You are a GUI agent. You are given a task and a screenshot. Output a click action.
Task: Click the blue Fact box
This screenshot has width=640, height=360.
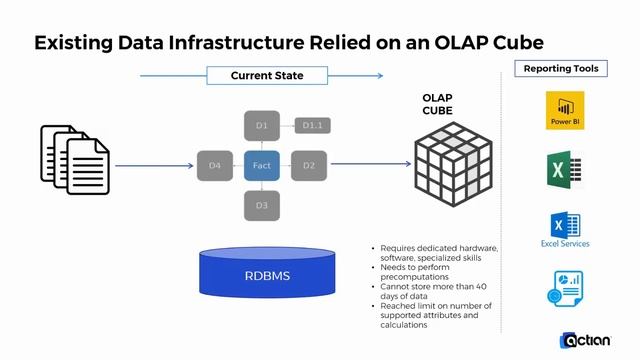click(261, 164)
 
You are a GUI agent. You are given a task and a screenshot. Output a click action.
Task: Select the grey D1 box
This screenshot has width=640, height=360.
click(261, 125)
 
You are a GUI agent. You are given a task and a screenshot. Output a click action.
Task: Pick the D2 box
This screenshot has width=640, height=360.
click(309, 164)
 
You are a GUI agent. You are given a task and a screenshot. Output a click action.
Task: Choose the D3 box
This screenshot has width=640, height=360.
click(261, 204)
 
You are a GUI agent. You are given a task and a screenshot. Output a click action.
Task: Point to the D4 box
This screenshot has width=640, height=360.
click(214, 164)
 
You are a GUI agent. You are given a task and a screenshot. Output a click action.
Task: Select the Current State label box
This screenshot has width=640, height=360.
click(267, 75)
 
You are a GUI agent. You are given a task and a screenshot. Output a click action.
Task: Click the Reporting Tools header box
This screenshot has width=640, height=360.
click(561, 69)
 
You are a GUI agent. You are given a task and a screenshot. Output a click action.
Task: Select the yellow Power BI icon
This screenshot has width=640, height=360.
click(565, 110)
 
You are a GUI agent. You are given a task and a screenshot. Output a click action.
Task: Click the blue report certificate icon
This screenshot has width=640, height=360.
click(565, 288)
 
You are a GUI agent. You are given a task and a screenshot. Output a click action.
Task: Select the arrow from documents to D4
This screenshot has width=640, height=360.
click(154, 164)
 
